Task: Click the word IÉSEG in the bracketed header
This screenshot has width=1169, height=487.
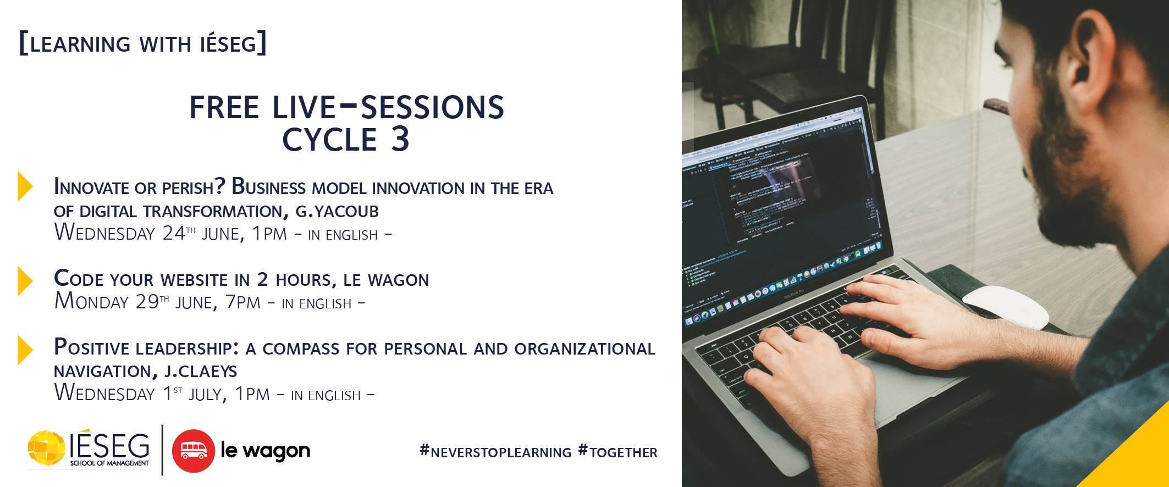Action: [x=228, y=43]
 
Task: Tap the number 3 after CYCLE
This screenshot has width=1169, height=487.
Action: [x=400, y=139]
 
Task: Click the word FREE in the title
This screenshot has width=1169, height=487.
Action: [x=224, y=107]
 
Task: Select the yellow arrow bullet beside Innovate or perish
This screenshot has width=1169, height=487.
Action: [x=25, y=186]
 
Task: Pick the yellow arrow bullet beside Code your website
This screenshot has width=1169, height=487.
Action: [x=25, y=281]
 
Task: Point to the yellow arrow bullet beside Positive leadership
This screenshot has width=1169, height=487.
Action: [x=25, y=350]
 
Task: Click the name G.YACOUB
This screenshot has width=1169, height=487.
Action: [x=337, y=211]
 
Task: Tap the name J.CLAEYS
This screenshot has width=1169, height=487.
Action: [x=201, y=372]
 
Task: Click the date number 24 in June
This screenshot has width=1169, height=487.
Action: [x=174, y=233]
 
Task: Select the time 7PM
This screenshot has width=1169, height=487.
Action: [x=243, y=302]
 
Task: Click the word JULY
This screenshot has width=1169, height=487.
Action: [x=207, y=394]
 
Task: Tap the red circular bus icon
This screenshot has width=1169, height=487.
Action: [x=194, y=451]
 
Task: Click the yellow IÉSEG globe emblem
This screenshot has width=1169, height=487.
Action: [x=47, y=448]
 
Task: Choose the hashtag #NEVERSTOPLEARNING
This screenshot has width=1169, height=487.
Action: [x=495, y=452]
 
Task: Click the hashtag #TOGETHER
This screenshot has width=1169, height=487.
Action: [x=618, y=452]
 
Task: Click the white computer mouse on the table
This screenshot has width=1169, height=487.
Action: [x=1006, y=307]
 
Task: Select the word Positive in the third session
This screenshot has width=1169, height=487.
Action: [x=91, y=347]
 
